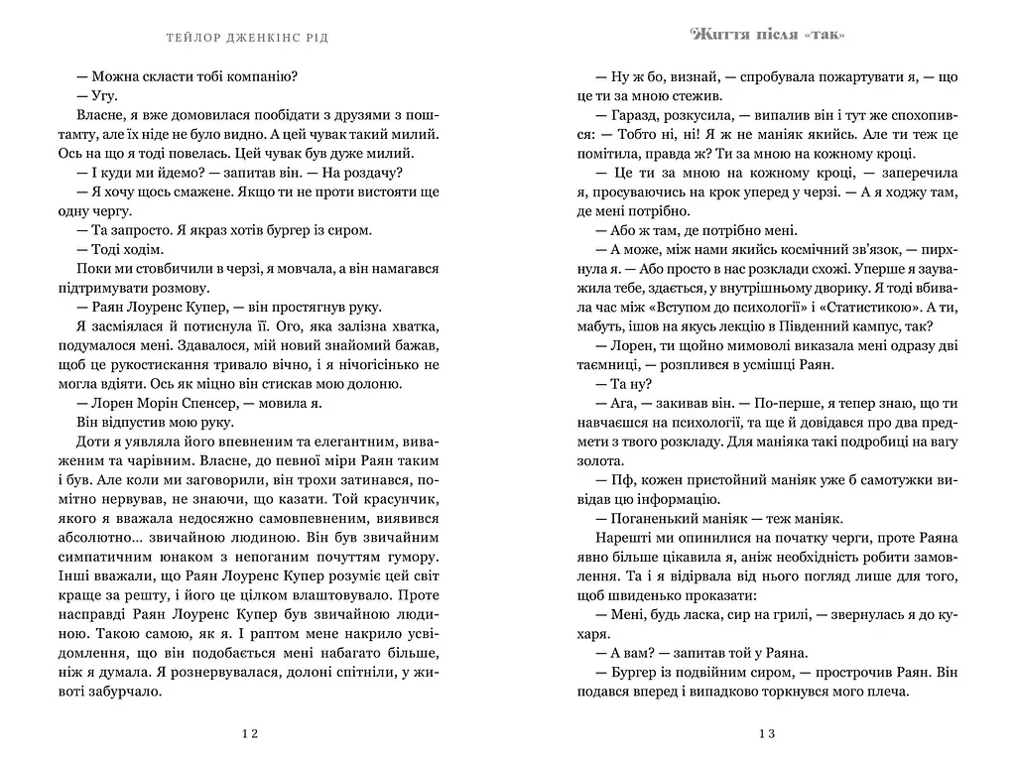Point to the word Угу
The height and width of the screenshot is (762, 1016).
(104, 95)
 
